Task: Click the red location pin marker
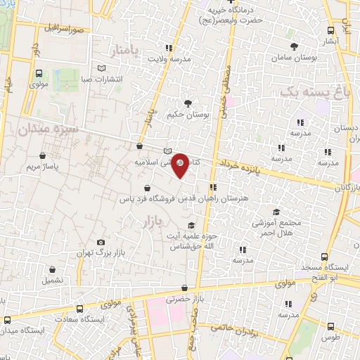click(x=181, y=165)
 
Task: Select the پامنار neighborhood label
click(x=127, y=50)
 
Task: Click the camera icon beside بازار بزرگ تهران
click(x=101, y=243)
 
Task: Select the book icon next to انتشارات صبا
click(x=103, y=68)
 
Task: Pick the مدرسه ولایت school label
click(x=168, y=58)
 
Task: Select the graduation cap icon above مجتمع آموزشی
click(x=276, y=212)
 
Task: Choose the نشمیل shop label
click(x=52, y=279)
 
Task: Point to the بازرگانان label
click(x=347, y=188)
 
